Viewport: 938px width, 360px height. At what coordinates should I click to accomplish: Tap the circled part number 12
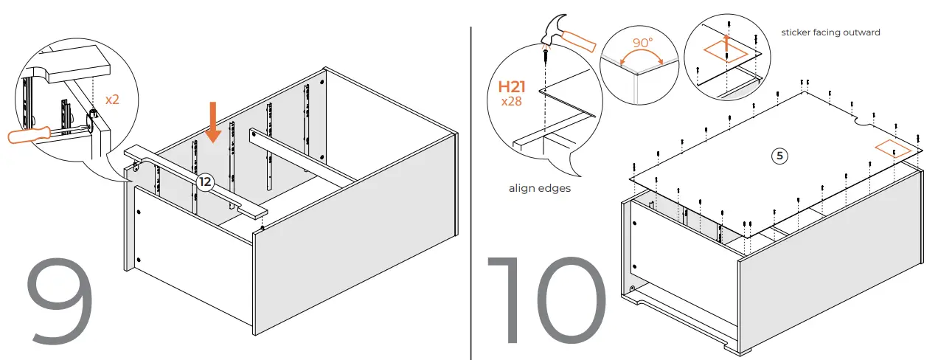(x=204, y=181)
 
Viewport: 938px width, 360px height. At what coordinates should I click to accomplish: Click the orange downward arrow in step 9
(x=213, y=123)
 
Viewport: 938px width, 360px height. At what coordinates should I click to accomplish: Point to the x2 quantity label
(x=112, y=99)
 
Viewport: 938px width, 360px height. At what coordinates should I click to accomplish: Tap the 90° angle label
(x=642, y=44)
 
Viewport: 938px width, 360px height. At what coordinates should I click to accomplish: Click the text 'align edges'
(x=539, y=188)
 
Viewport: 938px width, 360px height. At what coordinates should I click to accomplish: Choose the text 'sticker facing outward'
(x=830, y=32)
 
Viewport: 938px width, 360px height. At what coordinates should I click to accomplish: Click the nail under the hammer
(x=546, y=53)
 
